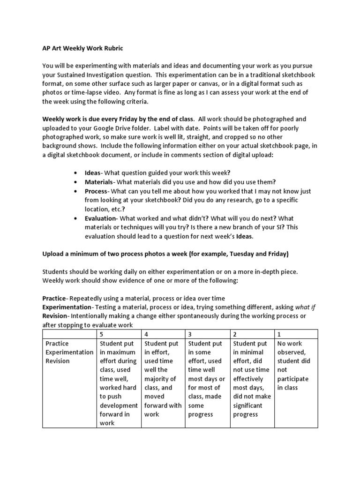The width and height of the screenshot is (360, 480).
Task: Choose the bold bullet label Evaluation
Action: point(100,218)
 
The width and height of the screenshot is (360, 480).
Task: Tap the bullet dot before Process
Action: point(75,191)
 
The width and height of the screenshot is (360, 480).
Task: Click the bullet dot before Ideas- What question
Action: point(75,173)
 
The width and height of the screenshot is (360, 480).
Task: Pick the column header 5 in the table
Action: point(102,334)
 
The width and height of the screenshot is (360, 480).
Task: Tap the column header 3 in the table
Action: point(190,334)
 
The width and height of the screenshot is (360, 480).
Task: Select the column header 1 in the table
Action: point(279,334)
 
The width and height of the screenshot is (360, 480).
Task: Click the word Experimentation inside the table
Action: point(69,352)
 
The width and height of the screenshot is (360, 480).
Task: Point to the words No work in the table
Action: point(290,343)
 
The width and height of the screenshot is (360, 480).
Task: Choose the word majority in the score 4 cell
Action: point(160,379)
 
